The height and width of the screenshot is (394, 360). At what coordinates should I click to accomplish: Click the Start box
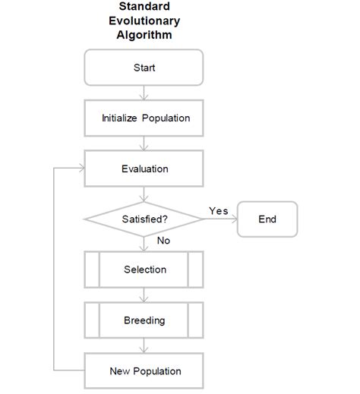tap(144, 68)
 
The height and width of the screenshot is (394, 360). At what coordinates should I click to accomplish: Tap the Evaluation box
tap(144, 169)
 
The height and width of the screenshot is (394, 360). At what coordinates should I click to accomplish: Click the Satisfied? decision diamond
tap(144, 219)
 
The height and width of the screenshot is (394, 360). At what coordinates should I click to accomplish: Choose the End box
tap(267, 219)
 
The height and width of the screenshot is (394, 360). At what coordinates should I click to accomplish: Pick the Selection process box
tap(144, 269)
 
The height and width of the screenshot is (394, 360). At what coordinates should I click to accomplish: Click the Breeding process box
tap(144, 320)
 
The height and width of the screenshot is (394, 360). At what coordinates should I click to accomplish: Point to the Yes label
tap(218, 210)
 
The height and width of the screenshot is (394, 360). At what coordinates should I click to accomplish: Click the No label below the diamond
tap(163, 241)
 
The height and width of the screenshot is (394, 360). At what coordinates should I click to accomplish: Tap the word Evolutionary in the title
tap(145, 20)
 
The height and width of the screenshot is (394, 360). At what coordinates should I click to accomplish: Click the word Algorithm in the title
tap(145, 34)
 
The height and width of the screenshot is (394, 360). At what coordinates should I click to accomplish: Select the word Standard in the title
tap(144, 7)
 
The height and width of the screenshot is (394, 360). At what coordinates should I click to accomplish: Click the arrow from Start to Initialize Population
tap(144, 93)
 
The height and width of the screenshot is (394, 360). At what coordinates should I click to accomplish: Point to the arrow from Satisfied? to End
tap(220, 219)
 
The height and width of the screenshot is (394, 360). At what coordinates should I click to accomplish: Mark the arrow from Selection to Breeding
tap(144, 295)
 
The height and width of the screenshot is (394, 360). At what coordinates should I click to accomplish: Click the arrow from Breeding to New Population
tap(144, 345)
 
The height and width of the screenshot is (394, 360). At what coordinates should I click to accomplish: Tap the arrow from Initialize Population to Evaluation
tap(144, 143)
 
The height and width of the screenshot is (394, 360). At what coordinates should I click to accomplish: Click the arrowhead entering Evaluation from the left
tap(81, 169)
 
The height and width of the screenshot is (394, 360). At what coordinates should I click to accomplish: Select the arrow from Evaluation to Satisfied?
tap(144, 194)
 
